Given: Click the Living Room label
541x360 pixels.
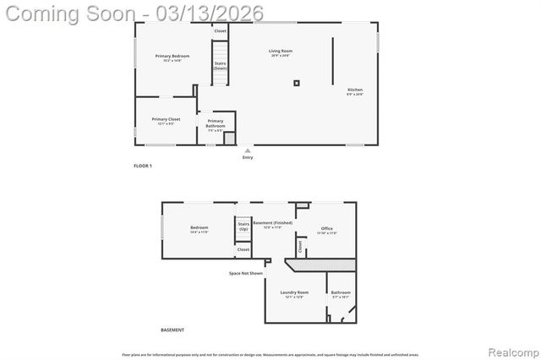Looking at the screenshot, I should (x=280, y=53).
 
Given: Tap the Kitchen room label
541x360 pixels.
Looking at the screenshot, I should (x=355, y=91).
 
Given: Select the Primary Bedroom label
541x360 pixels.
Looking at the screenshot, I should (x=169, y=58).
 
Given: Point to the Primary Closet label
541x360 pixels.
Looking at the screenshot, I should (x=166, y=121).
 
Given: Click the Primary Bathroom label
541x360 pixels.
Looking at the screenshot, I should (x=216, y=124).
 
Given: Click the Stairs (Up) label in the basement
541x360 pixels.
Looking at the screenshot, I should (x=243, y=228).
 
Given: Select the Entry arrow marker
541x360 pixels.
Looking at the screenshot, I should (x=248, y=150).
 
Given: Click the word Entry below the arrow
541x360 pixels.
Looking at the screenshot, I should (x=248, y=157).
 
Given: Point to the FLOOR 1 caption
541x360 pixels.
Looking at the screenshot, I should (x=143, y=166).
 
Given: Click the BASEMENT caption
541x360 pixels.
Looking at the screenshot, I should (x=172, y=330).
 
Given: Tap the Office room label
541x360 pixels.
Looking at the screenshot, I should (x=327, y=229).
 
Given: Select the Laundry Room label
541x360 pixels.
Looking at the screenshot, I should (x=295, y=293).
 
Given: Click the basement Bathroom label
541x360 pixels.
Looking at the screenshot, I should (x=341, y=293).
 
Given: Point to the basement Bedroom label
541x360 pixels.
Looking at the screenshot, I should (x=199, y=229).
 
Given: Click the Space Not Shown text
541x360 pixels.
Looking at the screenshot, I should (x=246, y=273).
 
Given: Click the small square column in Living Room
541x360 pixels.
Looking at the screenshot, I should (x=297, y=83).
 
